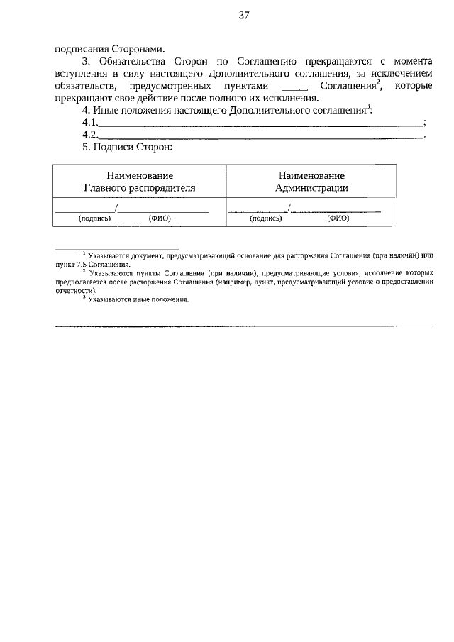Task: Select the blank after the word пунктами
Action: [x=294, y=86]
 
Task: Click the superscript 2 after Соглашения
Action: [x=379, y=82]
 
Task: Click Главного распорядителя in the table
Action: [x=140, y=188]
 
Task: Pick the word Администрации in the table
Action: [x=311, y=188]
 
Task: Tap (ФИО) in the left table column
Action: [x=160, y=218]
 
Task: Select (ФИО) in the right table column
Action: [x=338, y=218]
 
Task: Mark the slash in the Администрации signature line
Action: [x=289, y=208]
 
